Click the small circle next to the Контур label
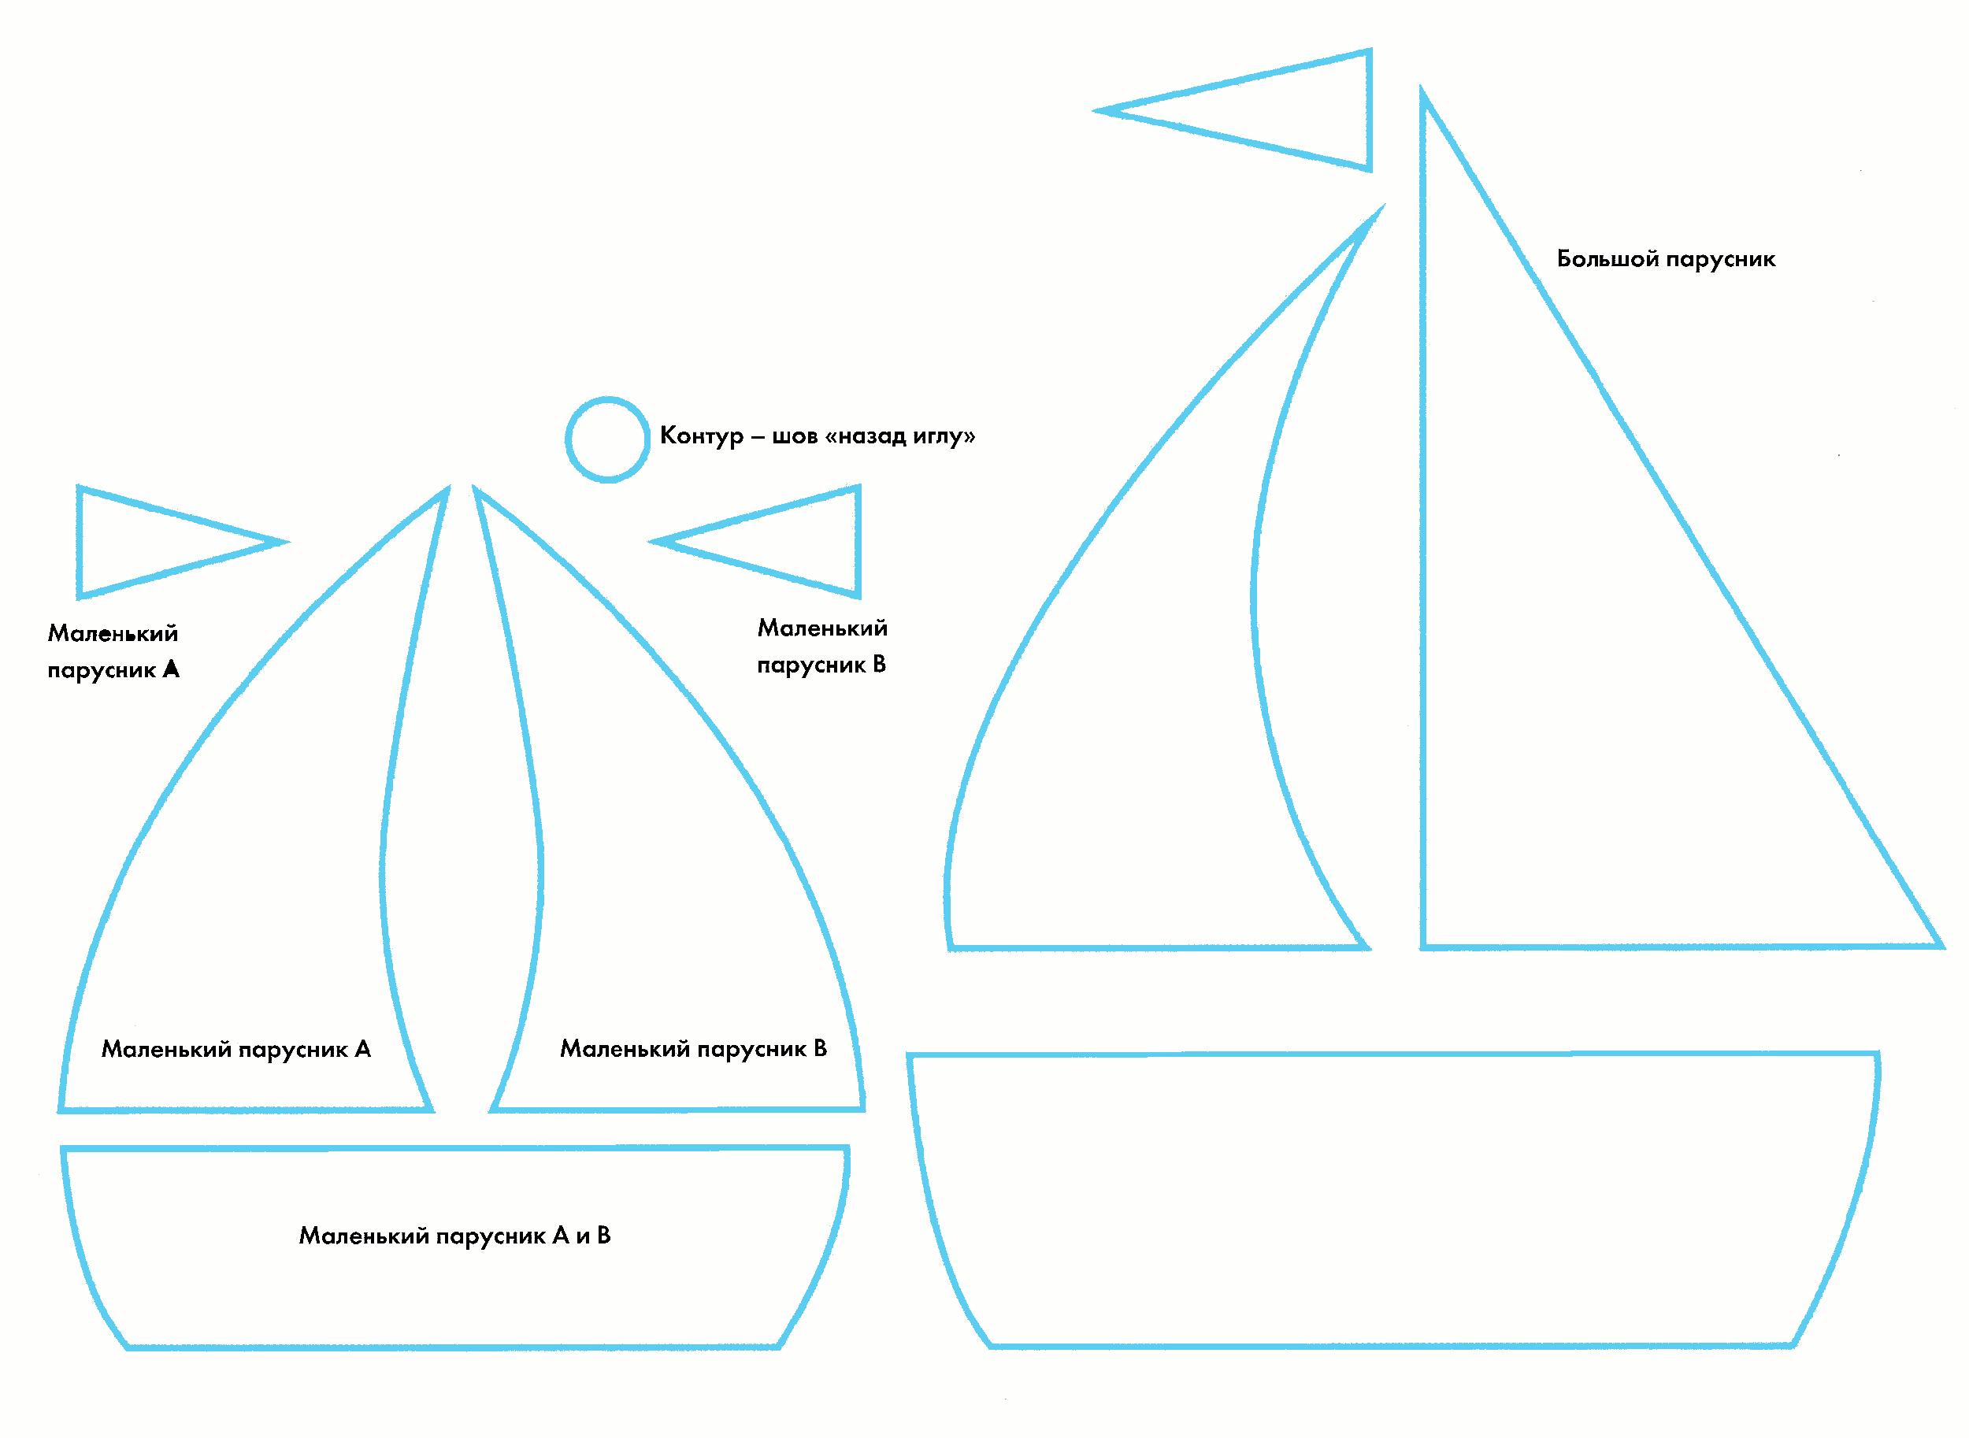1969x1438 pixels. (607, 439)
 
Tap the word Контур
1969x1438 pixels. (702, 435)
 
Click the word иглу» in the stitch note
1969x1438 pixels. (943, 435)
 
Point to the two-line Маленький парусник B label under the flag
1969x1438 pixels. (821, 646)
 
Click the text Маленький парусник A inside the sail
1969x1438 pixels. (236, 1049)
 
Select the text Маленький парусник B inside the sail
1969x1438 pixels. (693, 1048)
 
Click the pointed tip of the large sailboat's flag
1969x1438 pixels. (1099, 110)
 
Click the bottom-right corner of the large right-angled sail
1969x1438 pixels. (1939, 946)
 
